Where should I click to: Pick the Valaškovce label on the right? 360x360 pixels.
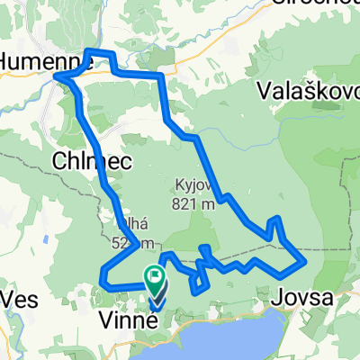307,90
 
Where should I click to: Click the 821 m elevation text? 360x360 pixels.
195,203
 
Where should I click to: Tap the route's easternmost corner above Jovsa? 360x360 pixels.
307,261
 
